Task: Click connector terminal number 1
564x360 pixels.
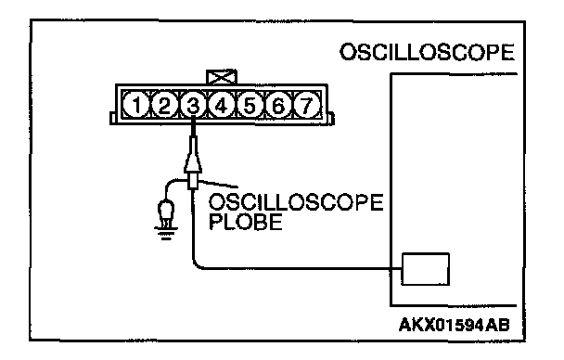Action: click(x=136, y=105)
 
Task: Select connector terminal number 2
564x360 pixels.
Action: click(x=164, y=105)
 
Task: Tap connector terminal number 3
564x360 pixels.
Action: click(x=193, y=105)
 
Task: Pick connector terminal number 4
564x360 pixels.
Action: click(x=222, y=105)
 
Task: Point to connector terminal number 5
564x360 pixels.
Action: click(x=250, y=105)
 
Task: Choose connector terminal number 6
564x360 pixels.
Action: click(x=278, y=105)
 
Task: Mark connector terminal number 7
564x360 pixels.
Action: click(x=306, y=105)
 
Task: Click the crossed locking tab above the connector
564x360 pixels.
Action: click(x=222, y=77)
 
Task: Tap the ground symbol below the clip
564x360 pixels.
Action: click(x=166, y=232)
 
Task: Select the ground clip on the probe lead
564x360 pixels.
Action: click(x=166, y=213)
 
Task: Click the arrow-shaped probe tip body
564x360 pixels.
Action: click(x=193, y=159)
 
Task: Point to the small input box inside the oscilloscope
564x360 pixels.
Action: click(x=425, y=269)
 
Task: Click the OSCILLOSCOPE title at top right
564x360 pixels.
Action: click(x=428, y=52)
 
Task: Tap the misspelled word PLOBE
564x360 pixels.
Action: click(x=246, y=222)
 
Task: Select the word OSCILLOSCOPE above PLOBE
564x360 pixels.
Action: click(x=296, y=202)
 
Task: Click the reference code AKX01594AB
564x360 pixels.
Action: click(x=455, y=326)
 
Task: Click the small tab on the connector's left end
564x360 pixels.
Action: click(x=113, y=118)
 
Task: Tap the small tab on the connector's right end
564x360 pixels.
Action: click(x=331, y=119)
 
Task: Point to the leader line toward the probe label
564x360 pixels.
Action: click(x=218, y=184)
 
